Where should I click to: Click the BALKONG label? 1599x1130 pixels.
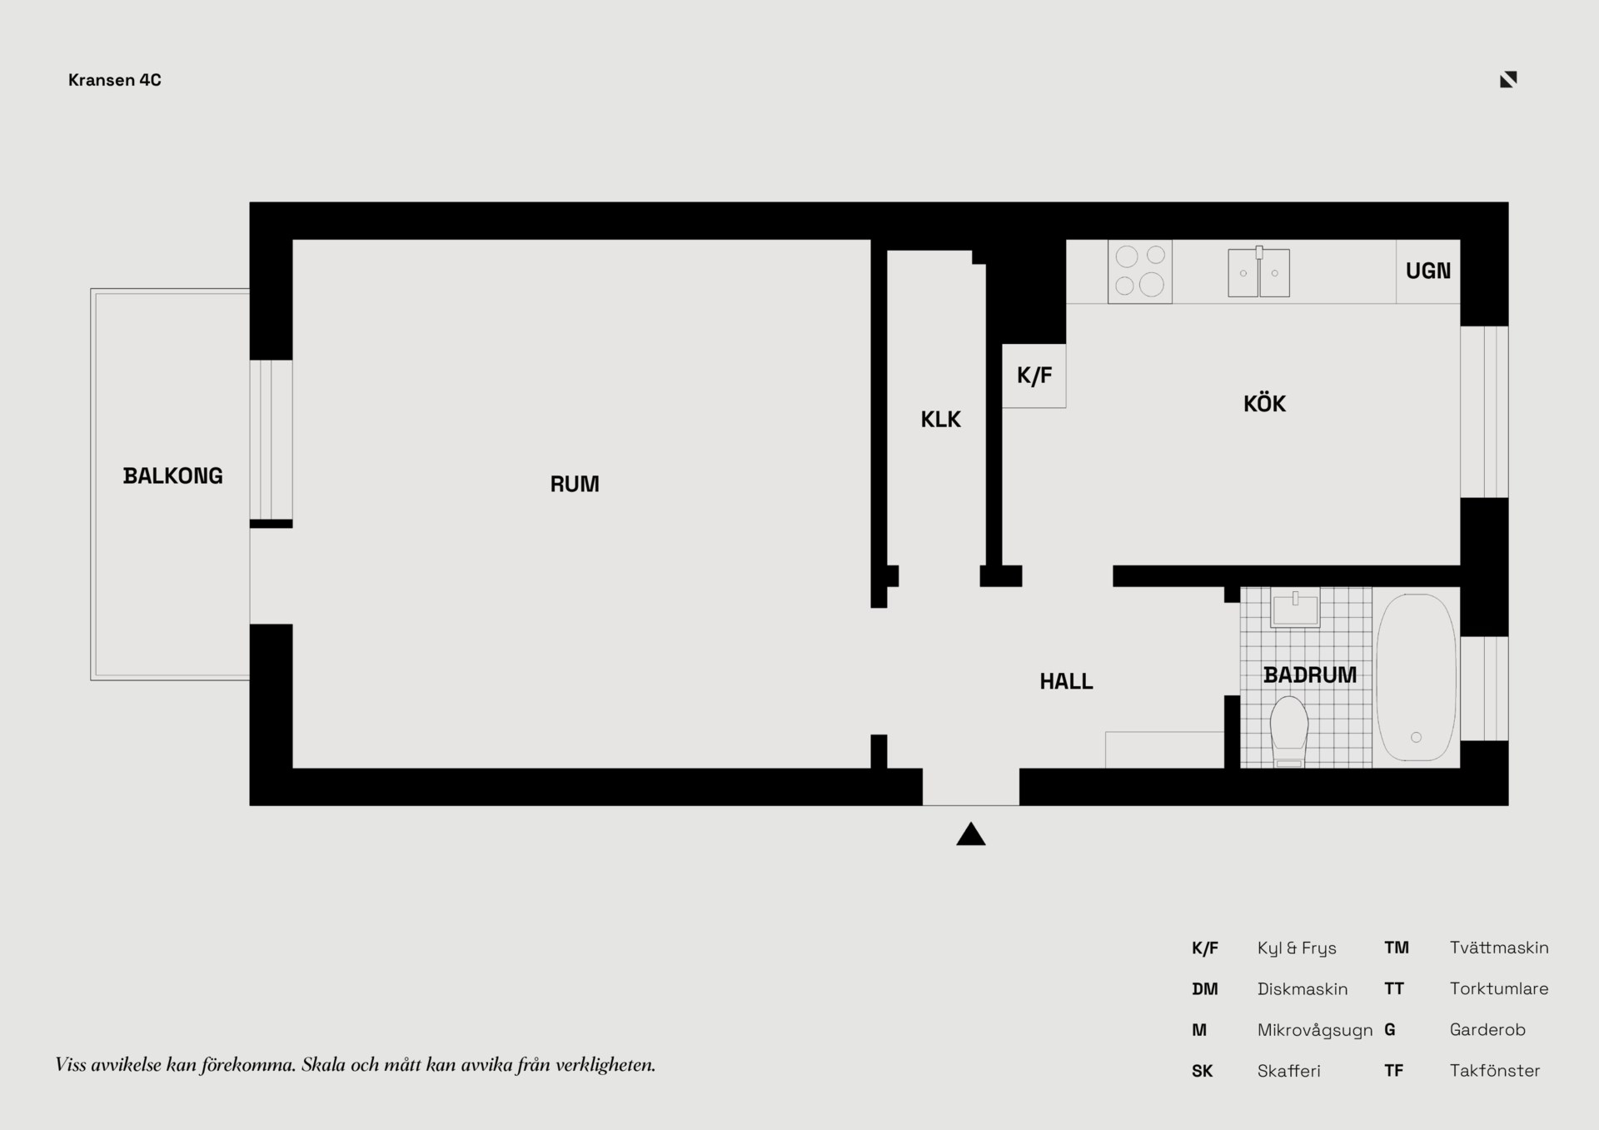point(173,475)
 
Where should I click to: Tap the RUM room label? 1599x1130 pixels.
point(575,484)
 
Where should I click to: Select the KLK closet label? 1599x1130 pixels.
point(941,420)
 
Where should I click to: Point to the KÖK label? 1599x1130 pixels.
point(1264,403)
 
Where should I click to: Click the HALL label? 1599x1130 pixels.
point(1066,681)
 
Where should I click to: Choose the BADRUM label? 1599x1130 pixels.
point(1310,675)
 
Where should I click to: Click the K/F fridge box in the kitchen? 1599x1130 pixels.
point(1034,376)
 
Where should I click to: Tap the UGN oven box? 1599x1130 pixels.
point(1428,271)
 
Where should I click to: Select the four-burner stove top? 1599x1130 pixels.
point(1140,271)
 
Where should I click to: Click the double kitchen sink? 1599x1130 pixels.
point(1259,272)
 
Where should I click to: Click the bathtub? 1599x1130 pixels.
point(1416,677)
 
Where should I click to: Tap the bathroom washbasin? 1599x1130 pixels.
point(1295,609)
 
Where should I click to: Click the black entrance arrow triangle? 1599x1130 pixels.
point(971,835)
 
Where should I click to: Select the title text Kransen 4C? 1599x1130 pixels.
point(115,80)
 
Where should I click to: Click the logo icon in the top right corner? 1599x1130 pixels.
point(1508,79)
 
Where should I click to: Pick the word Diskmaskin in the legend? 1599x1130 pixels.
point(1303,989)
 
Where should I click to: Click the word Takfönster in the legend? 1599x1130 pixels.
point(1495,1071)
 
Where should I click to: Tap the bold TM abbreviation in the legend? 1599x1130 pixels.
point(1397,948)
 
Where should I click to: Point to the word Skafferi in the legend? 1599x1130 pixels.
point(1289,1071)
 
